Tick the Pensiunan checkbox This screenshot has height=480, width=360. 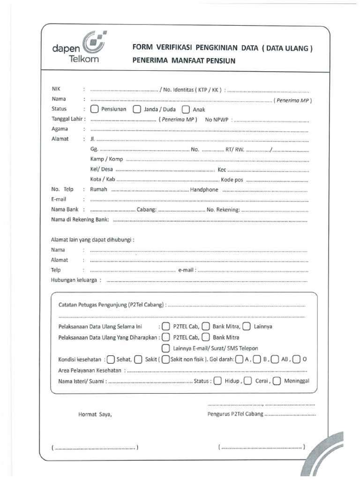94,110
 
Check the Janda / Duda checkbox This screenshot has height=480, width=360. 137,110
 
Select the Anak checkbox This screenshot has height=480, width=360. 185,110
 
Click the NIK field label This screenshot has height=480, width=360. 56,89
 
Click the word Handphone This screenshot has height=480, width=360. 204,189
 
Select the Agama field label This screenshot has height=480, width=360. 60,129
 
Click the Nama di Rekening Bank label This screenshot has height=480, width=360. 80,219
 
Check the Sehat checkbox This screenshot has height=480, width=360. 111,360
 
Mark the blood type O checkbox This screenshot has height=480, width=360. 296,360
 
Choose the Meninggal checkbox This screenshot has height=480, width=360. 277,381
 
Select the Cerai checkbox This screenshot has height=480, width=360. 247,381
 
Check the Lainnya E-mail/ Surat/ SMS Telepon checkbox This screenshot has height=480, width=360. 165,348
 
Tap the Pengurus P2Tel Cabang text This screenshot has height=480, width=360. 235,414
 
